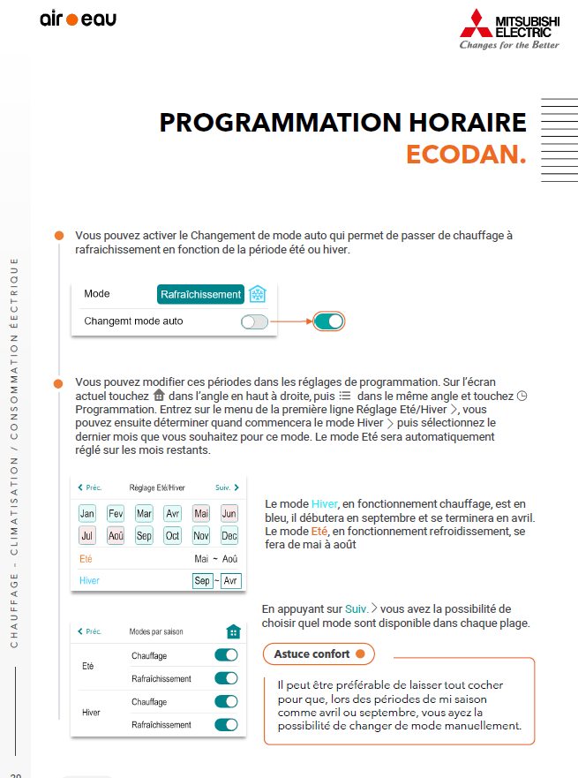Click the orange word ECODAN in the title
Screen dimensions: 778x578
[x=466, y=155]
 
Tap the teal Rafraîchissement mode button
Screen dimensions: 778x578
[x=200, y=294]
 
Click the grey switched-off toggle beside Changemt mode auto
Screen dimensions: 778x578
[x=254, y=321]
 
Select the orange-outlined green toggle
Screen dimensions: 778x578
[x=328, y=321]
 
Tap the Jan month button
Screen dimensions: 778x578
[x=87, y=513]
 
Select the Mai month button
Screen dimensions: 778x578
[x=201, y=513]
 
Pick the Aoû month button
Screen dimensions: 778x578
[x=116, y=535]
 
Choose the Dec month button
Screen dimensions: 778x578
[x=229, y=535]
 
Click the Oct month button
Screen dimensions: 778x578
[x=173, y=535]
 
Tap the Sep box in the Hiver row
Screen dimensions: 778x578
[x=202, y=581]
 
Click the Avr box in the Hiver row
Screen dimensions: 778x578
[x=230, y=581]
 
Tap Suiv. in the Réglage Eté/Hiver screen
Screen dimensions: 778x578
[x=227, y=487]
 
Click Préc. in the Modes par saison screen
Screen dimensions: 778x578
[x=89, y=631]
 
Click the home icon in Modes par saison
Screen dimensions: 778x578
[x=233, y=631]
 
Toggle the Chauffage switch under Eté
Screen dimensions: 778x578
[x=226, y=655]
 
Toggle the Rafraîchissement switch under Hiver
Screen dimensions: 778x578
[x=226, y=724]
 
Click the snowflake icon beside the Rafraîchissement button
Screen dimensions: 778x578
[x=258, y=294]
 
